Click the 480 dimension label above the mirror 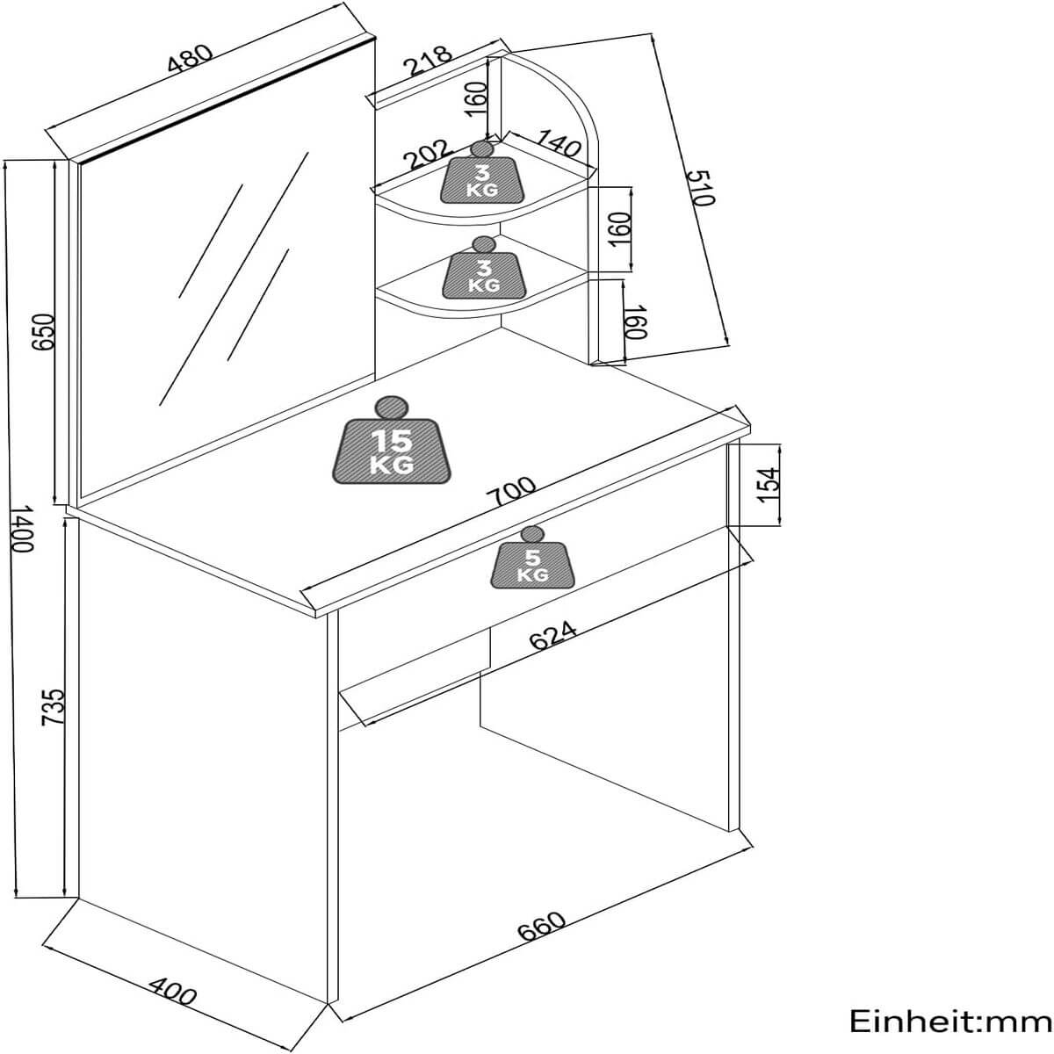tap(190, 57)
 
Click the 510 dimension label tap(702, 187)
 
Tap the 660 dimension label tap(541, 927)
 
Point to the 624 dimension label tap(553, 635)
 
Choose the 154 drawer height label tap(768, 484)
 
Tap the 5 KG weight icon tap(532, 559)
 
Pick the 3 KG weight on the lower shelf tap(482, 269)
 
